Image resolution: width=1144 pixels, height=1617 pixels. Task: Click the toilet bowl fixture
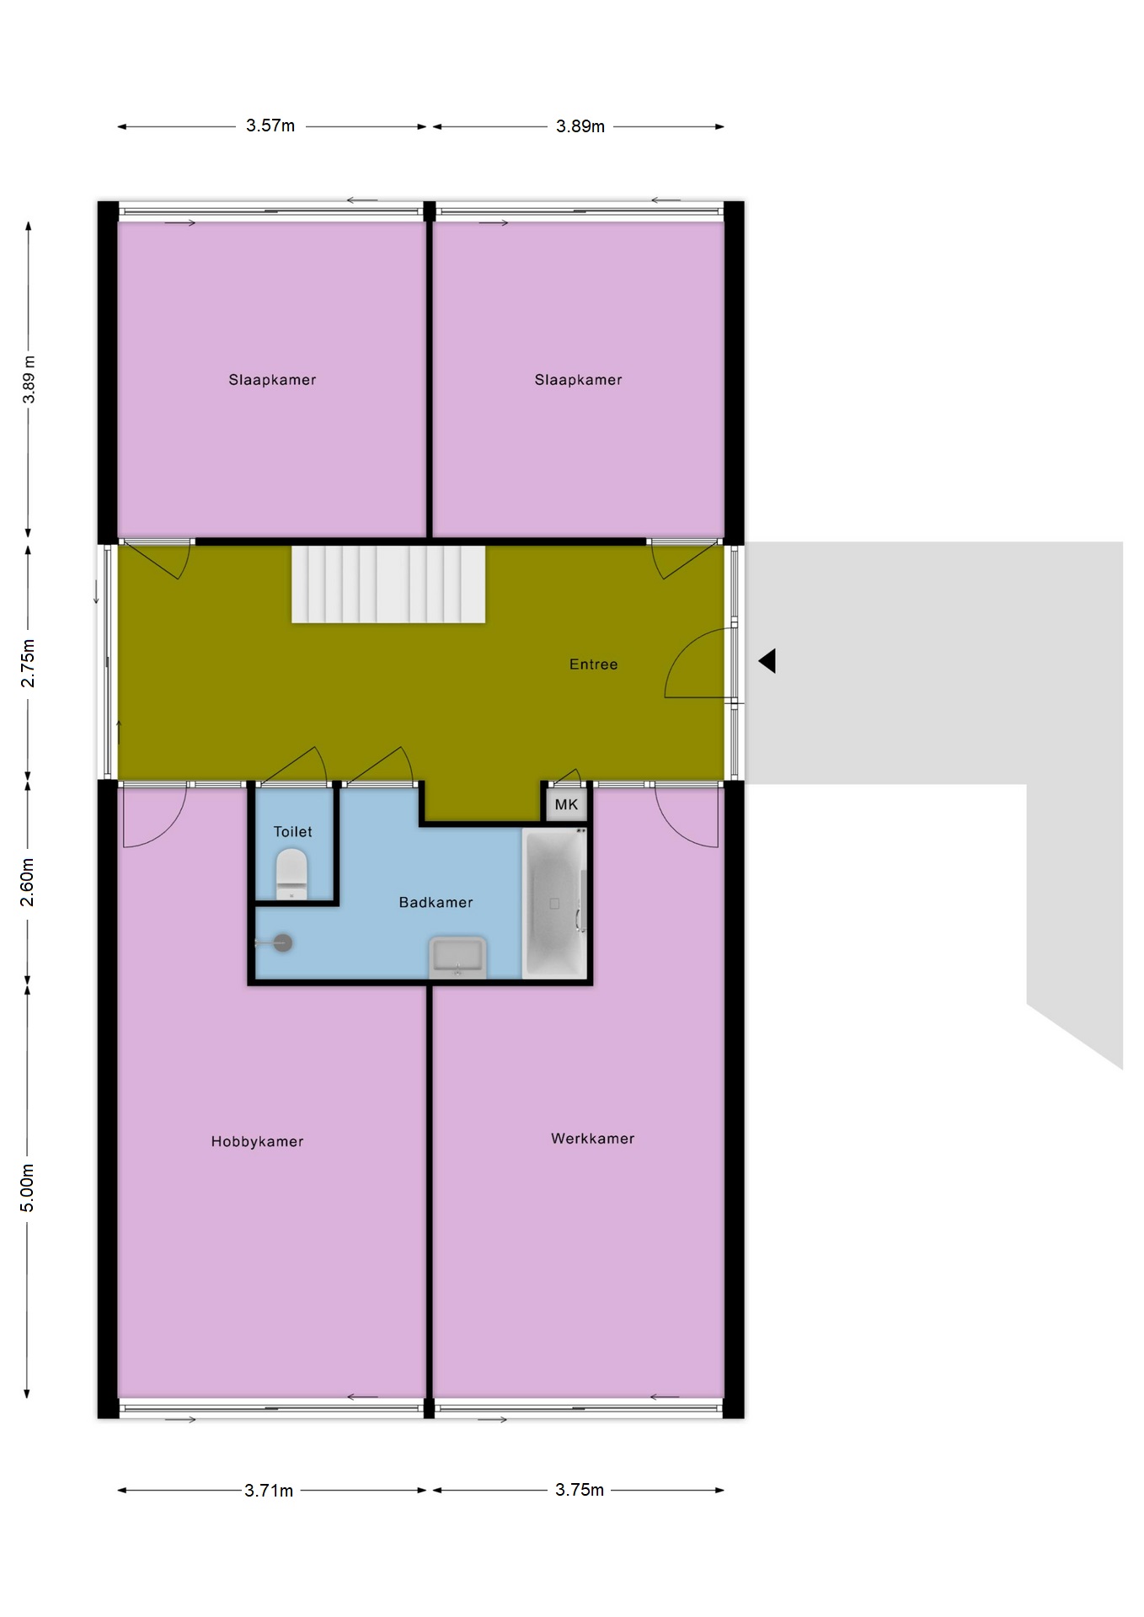[x=291, y=873]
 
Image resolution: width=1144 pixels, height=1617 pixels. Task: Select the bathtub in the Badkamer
[x=554, y=903]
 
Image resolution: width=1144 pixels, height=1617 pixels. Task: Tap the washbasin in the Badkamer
[x=457, y=957]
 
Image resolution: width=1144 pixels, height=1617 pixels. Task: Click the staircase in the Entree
[x=388, y=584]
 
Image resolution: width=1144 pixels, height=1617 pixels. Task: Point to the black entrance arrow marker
[x=767, y=661]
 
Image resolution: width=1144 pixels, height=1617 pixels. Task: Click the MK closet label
[x=566, y=804]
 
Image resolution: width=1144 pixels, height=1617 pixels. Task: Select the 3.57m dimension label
[x=270, y=125]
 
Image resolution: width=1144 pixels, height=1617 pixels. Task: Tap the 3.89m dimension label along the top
[x=580, y=126]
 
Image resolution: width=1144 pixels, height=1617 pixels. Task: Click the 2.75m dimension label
[x=28, y=663]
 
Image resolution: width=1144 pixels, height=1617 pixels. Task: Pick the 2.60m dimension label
[x=28, y=882]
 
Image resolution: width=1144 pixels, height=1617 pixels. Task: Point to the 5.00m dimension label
[x=28, y=1187]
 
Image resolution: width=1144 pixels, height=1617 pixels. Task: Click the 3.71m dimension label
[x=269, y=1490]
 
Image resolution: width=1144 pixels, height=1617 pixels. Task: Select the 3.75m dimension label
[x=580, y=1489]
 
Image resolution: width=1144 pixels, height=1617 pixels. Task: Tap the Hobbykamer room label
[x=257, y=1141]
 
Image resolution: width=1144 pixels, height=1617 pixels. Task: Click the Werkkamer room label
[x=592, y=1138]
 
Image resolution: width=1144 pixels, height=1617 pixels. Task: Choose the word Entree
[x=593, y=664]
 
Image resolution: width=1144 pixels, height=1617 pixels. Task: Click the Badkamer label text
[x=436, y=902]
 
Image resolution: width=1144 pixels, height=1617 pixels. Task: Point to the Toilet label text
[x=292, y=831]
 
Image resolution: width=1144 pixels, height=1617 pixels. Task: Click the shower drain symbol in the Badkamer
[x=282, y=942]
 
